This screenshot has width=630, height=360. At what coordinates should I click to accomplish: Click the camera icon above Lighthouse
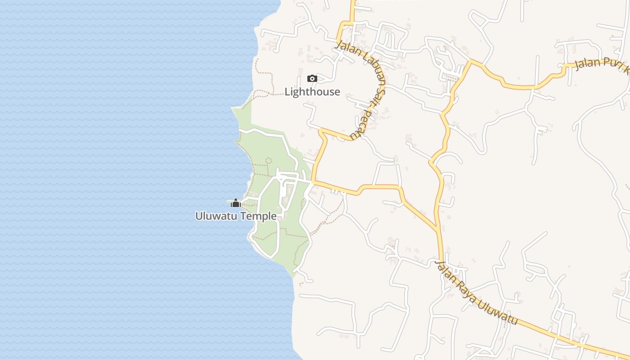[x=312, y=79]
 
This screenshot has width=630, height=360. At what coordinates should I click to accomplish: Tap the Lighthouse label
[x=312, y=92]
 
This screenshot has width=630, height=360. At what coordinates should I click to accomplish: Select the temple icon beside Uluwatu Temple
[x=235, y=203]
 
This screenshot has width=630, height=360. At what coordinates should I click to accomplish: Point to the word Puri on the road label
[x=612, y=64]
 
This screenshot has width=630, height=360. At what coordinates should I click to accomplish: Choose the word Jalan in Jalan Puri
[x=587, y=63]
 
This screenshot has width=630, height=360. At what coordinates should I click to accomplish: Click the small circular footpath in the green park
[x=269, y=160]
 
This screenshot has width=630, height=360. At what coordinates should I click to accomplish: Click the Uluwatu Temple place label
[x=236, y=216]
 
